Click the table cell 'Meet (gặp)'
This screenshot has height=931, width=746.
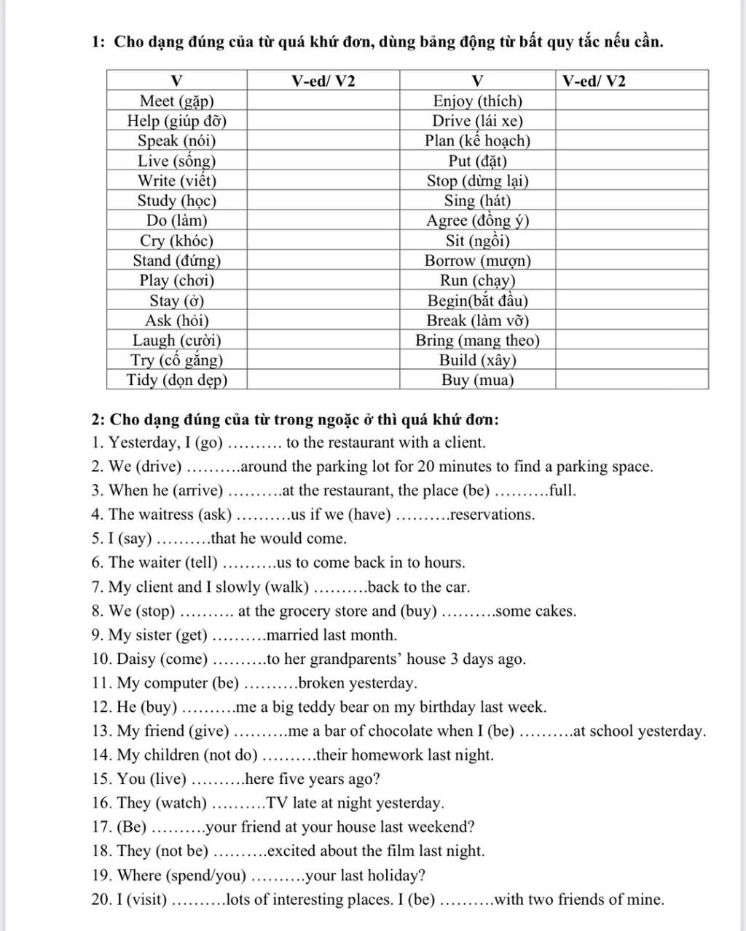[177, 101]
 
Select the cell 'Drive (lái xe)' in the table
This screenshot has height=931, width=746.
[478, 121]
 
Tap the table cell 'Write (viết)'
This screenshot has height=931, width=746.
[177, 181]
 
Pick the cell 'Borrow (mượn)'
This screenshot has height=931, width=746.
[478, 261]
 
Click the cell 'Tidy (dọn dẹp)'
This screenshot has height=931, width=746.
[177, 380]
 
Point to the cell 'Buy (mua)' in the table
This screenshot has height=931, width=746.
[478, 380]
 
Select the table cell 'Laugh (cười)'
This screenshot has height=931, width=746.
[177, 340]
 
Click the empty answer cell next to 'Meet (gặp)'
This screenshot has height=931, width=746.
[323, 101]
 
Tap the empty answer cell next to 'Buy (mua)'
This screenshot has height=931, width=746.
[632, 380]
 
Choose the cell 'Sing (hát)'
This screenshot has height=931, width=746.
[478, 201]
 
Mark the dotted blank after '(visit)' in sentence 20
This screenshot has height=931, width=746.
[199, 900]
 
